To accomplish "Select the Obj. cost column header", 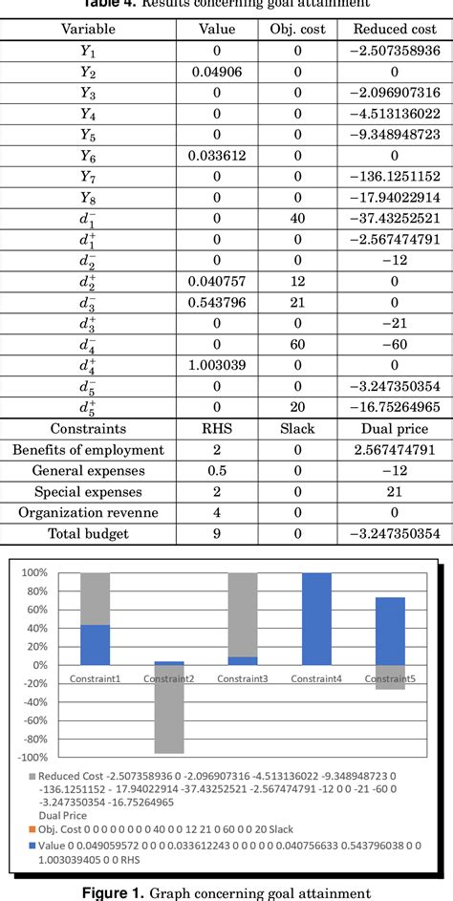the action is click(297, 30).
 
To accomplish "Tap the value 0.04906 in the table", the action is click(217, 72).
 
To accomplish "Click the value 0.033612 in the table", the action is click(217, 155).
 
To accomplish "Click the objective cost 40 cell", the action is click(297, 218).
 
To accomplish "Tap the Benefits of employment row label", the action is click(88, 450).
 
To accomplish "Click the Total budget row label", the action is click(88, 533).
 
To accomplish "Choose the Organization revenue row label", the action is click(88, 512).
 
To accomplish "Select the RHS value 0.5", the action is click(217, 471).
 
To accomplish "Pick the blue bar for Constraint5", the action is click(390, 631).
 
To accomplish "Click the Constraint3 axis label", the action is click(243, 677).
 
